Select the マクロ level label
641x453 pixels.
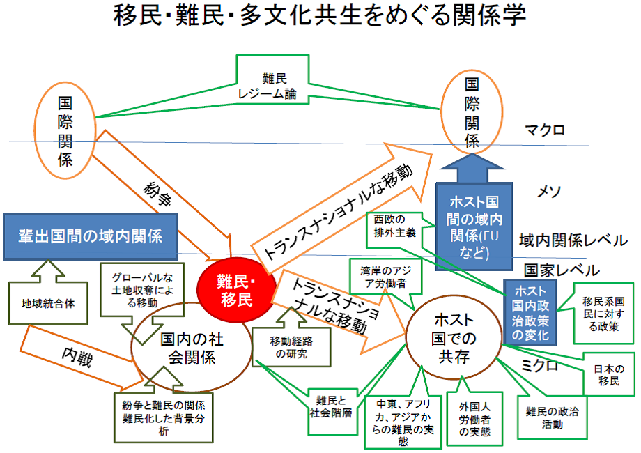point(546,130)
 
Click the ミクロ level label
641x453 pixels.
point(541,365)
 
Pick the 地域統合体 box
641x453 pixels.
point(48,304)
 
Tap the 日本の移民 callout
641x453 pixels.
point(605,375)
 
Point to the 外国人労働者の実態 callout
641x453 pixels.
point(474,418)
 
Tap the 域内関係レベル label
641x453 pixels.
point(573,241)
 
